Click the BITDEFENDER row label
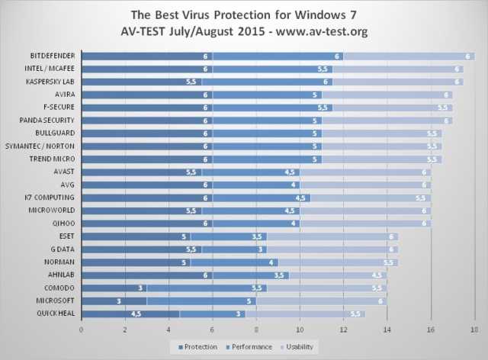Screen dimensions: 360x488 click(52, 56)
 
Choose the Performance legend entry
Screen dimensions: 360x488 click(249, 346)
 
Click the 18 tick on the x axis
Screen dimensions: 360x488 click(474, 329)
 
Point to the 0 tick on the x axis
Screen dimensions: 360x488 click(82, 329)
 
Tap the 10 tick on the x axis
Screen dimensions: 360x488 click(300, 329)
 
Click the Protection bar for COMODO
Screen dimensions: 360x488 click(114, 288)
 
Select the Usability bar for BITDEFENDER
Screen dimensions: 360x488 click(409, 56)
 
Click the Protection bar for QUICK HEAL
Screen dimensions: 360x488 click(130, 313)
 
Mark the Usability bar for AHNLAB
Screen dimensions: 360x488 click(338, 275)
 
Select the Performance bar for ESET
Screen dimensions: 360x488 click(229, 236)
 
